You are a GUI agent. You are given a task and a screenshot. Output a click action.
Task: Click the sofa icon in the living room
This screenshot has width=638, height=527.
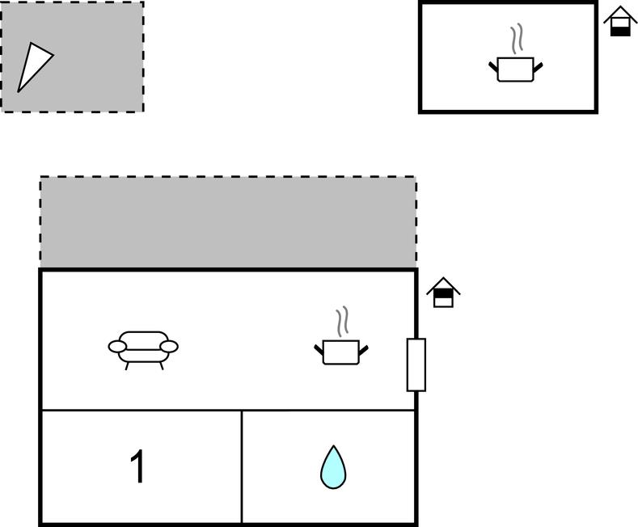(x=143, y=348)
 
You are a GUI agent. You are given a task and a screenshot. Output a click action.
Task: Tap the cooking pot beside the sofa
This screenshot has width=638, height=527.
(x=340, y=352)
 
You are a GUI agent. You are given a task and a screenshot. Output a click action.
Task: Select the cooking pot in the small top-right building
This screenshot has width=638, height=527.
(x=515, y=69)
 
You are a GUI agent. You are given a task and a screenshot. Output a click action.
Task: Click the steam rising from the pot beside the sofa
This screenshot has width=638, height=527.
(x=343, y=321)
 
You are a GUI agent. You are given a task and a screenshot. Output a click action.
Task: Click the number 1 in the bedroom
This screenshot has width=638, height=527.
(x=138, y=467)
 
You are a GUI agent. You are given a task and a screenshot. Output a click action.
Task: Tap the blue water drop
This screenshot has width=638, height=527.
(x=332, y=468)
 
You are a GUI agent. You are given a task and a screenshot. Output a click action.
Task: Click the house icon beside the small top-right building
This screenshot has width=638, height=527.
(x=620, y=21)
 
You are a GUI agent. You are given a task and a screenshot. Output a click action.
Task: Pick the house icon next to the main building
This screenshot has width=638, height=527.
(x=442, y=293)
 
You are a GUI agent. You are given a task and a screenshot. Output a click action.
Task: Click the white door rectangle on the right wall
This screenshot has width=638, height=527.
(x=416, y=365)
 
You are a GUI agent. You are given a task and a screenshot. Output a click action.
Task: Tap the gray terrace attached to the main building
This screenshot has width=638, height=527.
(x=228, y=222)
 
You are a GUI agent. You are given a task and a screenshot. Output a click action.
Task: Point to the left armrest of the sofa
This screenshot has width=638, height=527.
(x=117, y=347)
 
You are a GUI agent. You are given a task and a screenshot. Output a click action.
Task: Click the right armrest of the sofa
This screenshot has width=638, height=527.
(x=169, y=347)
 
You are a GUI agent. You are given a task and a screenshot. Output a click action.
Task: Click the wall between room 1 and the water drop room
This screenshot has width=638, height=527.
(x=242, y=467)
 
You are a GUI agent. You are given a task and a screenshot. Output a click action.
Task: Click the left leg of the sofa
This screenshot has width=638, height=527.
(x=128, y=365)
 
